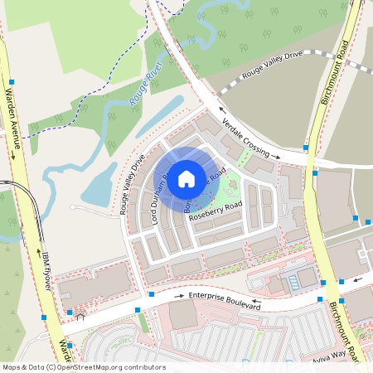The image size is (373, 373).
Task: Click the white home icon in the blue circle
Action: pyautogui.click(x=186, y=177)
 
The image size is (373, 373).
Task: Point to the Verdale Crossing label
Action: pyautogui.click(x=251, y=138)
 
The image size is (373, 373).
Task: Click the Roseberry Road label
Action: pyautogui.click(x=216, y=211)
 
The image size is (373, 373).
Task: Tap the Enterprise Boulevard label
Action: pyautogui.click(x=224, y=301)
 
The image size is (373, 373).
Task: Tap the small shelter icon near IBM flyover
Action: pyautogui.click(x=80, y=315)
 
